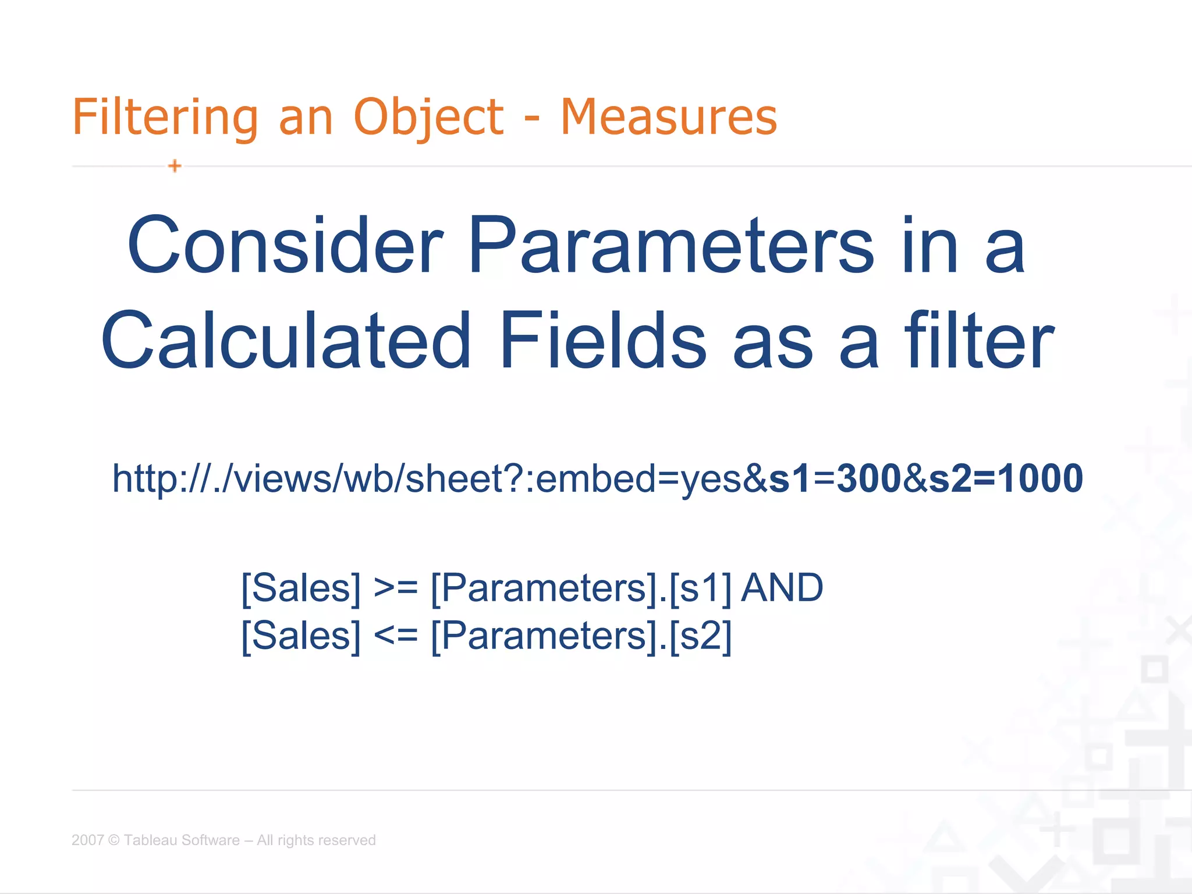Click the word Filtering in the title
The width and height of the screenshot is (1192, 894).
click(165, 118)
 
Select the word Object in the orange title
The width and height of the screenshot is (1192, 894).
click(428, 118)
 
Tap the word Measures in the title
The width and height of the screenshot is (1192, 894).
click(668, 118)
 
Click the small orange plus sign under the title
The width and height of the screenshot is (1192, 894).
click(175, 166)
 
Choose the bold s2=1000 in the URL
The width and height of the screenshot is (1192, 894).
click(1006, 478)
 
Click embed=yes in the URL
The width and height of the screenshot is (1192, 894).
click(637, 480)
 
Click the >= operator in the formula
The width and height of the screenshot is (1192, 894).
click(396, 588)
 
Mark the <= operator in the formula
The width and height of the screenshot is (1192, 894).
click(396, 636)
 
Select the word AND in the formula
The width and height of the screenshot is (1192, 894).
click(782, 588)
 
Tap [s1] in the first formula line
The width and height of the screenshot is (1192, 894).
click(701, 588)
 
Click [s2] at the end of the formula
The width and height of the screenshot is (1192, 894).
click(701, 636)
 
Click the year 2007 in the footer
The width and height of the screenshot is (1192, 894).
click(87, 840)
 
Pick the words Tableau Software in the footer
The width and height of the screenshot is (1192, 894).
click(182, 840)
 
